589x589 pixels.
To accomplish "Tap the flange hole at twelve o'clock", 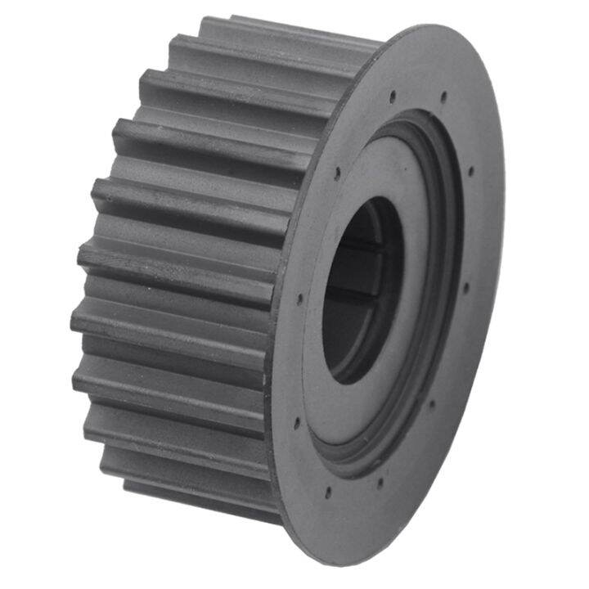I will point(393,97).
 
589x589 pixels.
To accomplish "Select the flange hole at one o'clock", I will point(444,96).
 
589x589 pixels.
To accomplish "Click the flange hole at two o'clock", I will point(471,171).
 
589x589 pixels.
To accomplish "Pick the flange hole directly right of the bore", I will point(465,286).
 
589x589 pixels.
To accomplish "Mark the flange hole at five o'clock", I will point(431,402).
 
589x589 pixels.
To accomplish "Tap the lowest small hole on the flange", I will point(327,492).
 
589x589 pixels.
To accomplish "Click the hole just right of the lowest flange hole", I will point(379,480).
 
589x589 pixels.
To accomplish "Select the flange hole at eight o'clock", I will point(296,423).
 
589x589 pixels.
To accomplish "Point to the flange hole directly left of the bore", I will point(301,298).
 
